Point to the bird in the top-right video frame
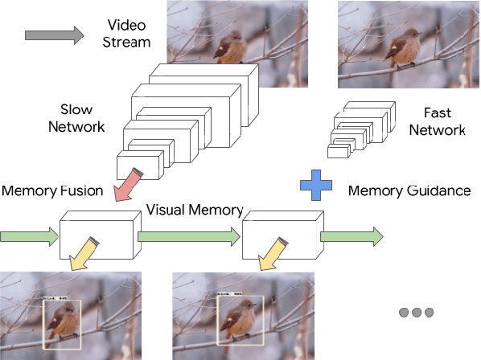[400, 50]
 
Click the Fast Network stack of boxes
[361, 129]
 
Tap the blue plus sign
[317, 185]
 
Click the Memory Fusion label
[52, 191]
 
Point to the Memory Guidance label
[409, 191]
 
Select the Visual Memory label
[195, 211]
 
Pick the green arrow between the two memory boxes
[190, 237]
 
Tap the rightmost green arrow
[351, 237]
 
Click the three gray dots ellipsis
[416, 312]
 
